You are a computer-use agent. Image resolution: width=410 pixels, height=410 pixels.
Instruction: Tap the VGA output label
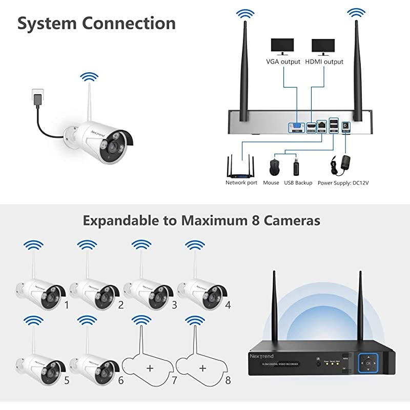282,61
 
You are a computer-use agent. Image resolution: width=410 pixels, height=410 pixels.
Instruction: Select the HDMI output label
324,61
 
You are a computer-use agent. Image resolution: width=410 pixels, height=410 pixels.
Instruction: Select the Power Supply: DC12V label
343,182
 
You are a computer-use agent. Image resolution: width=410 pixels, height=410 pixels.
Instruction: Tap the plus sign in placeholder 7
149,368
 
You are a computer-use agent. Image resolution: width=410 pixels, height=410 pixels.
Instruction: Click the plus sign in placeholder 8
203,368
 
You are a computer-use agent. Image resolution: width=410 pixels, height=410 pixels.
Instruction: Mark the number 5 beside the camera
67,381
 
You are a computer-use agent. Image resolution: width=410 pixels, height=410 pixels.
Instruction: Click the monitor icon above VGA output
282,46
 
